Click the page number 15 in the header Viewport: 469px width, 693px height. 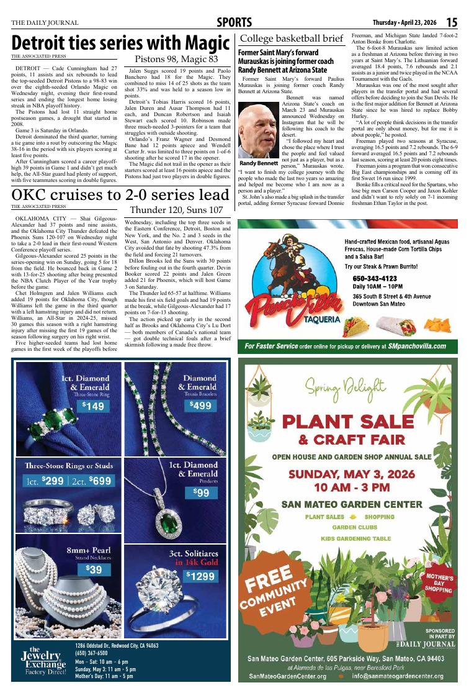click(452, 23)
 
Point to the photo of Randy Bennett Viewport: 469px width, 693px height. click(257, 130)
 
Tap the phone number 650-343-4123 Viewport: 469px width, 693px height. click(375, 278)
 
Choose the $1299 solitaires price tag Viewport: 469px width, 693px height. click(202, 576)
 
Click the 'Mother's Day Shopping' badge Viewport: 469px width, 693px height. click(438, 584)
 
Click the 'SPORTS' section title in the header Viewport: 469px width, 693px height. click(234, 23)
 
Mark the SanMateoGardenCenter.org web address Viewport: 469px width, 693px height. click(290, 676)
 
